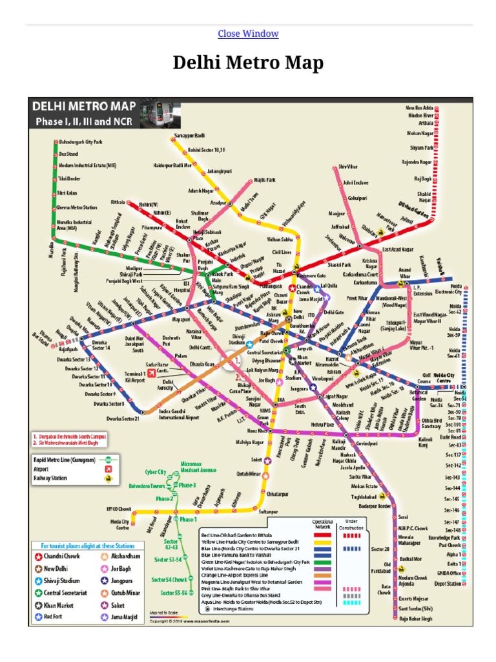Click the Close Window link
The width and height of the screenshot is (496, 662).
(x=248, y=34)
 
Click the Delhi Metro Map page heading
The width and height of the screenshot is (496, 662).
(x=248, y=63)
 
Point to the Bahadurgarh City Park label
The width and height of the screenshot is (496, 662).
(x=81, y=141)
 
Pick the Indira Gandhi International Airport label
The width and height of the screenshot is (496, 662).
(x=180, y=415)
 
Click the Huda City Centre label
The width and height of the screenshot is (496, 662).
(x=118, y=524)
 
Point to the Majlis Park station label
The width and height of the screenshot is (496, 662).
(x=263, y=180)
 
